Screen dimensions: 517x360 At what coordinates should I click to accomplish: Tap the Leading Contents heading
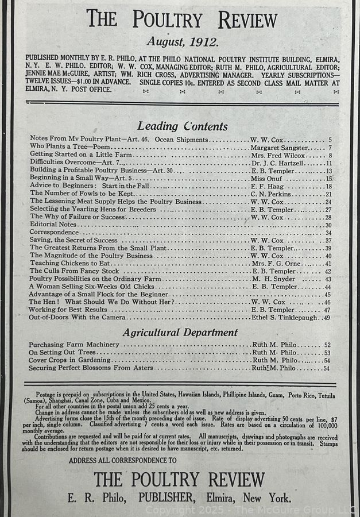[182, 126]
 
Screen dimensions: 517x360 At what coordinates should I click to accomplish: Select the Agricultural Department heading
[180, 332]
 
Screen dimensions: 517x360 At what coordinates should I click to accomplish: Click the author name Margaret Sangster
[279, 148]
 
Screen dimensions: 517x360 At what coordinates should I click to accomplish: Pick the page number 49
[327, 317]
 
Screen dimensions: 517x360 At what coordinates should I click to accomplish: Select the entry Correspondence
[54, 233]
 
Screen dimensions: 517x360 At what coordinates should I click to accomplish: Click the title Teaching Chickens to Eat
[69, 264]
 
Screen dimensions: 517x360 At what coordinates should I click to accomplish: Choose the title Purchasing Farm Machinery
[74, 345]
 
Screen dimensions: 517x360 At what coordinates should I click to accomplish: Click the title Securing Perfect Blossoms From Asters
[91, 368]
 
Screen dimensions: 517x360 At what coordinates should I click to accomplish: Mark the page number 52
[327, 345]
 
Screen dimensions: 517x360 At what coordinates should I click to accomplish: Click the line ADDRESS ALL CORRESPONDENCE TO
[122, 460]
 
